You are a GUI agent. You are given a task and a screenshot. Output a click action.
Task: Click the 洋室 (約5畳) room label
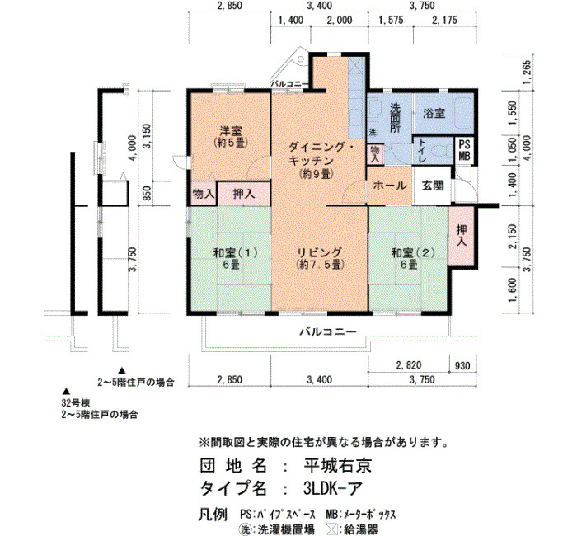pyautogui.click(x=230, y=137)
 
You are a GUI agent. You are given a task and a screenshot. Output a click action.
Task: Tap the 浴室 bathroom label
pyautogui.click(x=434, y=113)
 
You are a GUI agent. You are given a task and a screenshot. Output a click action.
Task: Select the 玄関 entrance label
pyautogui.click(x=433, y=186)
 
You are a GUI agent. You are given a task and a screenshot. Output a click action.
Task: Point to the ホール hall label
pyautogui.click(x=390, y=186)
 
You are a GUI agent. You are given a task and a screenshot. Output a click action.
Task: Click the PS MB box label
pyautogui.click(x=464, y=150)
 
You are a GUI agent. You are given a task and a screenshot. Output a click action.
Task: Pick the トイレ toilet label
pyautogui.click(x=422, y=151)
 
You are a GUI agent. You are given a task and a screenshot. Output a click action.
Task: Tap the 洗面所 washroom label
pyautogui.click(x=395, y=118)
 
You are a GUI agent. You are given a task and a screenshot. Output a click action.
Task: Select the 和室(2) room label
pyautogui.click(x=413, y=258)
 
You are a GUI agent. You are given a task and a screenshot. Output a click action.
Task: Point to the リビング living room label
pyautogui.click(x=320, y=258)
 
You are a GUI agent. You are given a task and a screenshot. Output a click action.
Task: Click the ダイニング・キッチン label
pyautogui.click(x=320, y=161)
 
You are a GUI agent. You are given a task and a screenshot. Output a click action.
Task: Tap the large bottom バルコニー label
pyautogui.click(x=328, y=332)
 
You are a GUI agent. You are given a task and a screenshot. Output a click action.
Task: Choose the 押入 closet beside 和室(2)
pyautogui.click(x=462, y=236)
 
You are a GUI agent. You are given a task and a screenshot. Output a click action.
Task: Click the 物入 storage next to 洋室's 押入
pyautogui.click(x=203, y=193)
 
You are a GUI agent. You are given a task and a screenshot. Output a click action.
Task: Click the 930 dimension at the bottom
pyautogui.click(x=462, y=366)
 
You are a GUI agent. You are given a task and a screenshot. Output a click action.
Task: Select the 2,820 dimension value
pyautogui.click(x=409, y=365)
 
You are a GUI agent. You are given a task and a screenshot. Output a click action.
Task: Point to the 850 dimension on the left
pyautogui.click(x=147, y=193)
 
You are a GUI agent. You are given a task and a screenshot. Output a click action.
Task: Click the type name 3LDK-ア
pyautogui.click(x=333, y=488)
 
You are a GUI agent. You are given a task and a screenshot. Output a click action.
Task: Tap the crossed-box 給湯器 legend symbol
pyautogui.click(x=332, y=529)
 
